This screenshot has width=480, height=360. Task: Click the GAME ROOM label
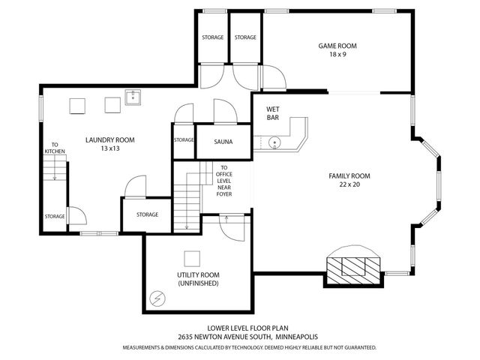[x=337, y=46]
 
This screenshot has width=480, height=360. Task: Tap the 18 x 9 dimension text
[x=337, y=55]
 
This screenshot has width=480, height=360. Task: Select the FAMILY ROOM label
[x=349, y=175]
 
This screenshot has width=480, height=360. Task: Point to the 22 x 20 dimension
[x=349, y=184]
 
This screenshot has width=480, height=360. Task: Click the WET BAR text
[x=274, y=113]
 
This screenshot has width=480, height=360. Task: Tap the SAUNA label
[x=223, y=142]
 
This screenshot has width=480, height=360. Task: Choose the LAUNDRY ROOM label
[x=109, y=139]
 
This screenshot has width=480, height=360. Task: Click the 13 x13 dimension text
[x=109, y=148]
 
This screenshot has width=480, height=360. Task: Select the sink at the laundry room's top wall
[x=133, y=96]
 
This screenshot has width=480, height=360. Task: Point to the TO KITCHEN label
[x=55, y=148]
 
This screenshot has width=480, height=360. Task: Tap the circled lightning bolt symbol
[x=157, y=298]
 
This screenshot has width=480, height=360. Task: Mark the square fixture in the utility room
[x=193, y=258]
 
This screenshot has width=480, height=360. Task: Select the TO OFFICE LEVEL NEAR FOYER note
[x=223, y=181]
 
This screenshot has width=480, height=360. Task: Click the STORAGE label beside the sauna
[x=184, y=139]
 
